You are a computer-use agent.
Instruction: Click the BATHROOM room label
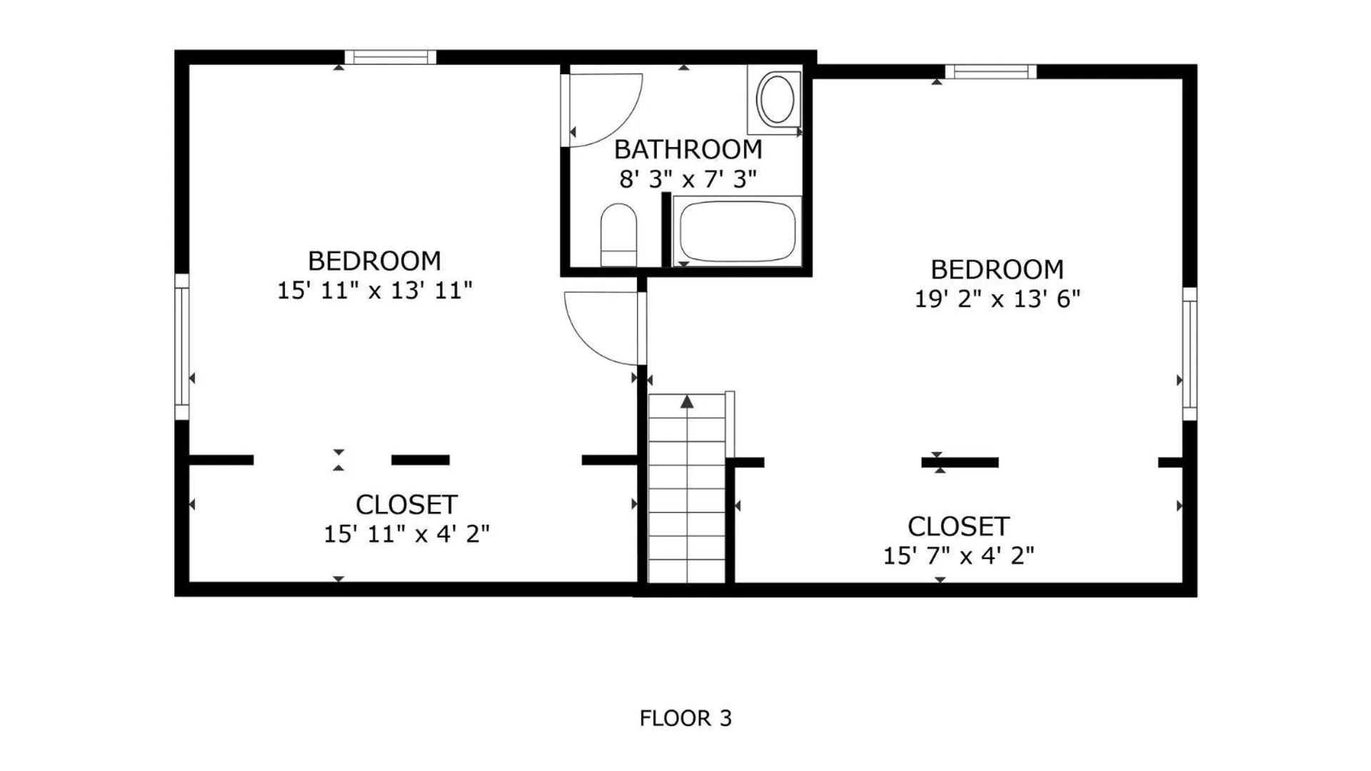688,150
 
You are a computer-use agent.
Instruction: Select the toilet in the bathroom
619,235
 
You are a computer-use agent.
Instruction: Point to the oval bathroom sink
776,99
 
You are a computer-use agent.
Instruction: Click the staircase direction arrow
687,402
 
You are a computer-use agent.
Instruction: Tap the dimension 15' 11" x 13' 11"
375,291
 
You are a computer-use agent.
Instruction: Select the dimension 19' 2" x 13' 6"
998,298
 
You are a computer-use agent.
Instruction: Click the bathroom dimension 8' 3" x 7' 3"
688,179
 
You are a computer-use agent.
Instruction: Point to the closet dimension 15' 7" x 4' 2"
959,555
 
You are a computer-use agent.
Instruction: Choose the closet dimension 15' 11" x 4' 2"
407,534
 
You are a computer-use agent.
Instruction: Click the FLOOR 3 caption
685,718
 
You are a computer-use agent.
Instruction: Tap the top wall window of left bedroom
391,57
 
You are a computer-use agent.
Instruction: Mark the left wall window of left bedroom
182,346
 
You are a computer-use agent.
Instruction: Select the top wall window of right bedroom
991,71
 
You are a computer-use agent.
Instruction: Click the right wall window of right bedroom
1190,354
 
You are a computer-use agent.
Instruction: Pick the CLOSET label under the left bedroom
406,505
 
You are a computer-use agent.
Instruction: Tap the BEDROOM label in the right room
998,269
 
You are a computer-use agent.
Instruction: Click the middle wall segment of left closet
421,460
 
